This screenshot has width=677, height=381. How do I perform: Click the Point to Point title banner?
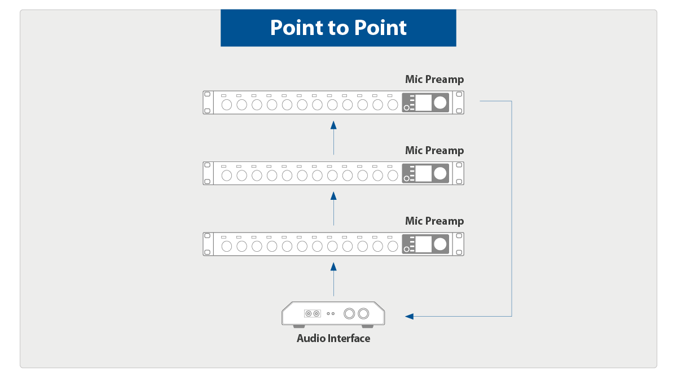pos(338,28)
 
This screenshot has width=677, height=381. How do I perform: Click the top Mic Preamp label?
pos(434,80)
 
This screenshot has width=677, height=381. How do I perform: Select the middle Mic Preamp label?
pos(434,150)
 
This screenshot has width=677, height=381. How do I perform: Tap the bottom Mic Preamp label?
pos(434,221)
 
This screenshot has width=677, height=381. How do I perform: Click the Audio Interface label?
pos(333,339)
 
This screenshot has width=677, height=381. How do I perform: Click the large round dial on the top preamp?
pos(440,102)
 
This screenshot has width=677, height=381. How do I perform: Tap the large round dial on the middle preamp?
pos(440,173)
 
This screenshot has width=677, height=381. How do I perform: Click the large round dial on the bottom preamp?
pos(440,244)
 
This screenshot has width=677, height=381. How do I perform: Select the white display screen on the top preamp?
pos(424,102)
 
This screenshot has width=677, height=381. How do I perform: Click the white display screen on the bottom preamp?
pos(424,244)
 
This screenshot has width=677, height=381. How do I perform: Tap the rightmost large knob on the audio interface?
pos(363,313)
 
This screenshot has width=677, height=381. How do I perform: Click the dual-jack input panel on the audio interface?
pos(312,313)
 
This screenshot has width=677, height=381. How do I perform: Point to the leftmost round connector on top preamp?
pos(227,105)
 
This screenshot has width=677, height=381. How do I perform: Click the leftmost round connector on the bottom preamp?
pos(227,247)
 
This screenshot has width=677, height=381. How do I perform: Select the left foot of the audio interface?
pos(299,326)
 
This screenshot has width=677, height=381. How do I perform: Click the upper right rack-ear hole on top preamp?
pos(459,94)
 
